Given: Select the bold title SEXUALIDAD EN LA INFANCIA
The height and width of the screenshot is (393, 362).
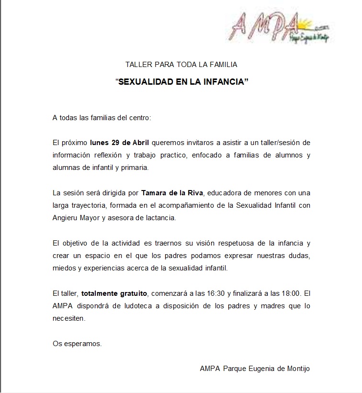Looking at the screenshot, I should [182, 82].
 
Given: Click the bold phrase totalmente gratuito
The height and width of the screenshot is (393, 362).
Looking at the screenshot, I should [115, 293].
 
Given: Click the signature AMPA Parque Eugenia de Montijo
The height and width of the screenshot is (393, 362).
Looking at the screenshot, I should [255, 368].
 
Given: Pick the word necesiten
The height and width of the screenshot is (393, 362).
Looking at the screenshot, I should [68, 318].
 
